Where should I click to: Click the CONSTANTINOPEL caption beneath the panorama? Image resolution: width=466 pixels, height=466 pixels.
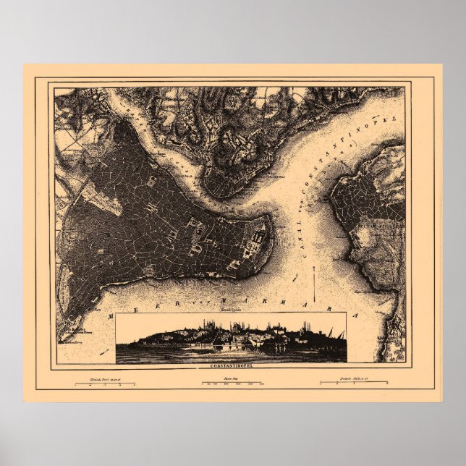point(231,365)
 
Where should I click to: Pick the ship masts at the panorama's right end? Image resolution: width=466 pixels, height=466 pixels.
point(334,334)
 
